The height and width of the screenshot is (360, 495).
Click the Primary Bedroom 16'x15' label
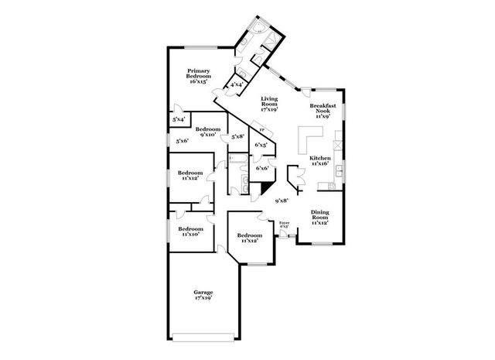pos(198,74)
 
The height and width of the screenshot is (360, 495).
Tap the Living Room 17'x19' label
pos(269,104)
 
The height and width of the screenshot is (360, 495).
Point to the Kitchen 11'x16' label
pos(319,161)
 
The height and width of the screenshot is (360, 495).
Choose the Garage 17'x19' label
pos(203,294)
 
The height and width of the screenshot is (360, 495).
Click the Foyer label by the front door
pos(284,225)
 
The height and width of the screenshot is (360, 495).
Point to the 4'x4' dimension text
pos(237,84)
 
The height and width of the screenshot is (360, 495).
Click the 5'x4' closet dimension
pos(178,119)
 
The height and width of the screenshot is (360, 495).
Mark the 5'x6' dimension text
pos(183,141)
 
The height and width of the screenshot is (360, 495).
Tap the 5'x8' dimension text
pos(238,137)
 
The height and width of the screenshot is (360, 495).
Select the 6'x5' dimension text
pos(261,145)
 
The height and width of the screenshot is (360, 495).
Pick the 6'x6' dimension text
pos(261,168)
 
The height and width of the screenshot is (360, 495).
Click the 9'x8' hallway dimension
pos(282,201)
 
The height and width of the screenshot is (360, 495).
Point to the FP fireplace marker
pos(261,130)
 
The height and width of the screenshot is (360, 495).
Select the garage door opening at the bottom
pos(203,337)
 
